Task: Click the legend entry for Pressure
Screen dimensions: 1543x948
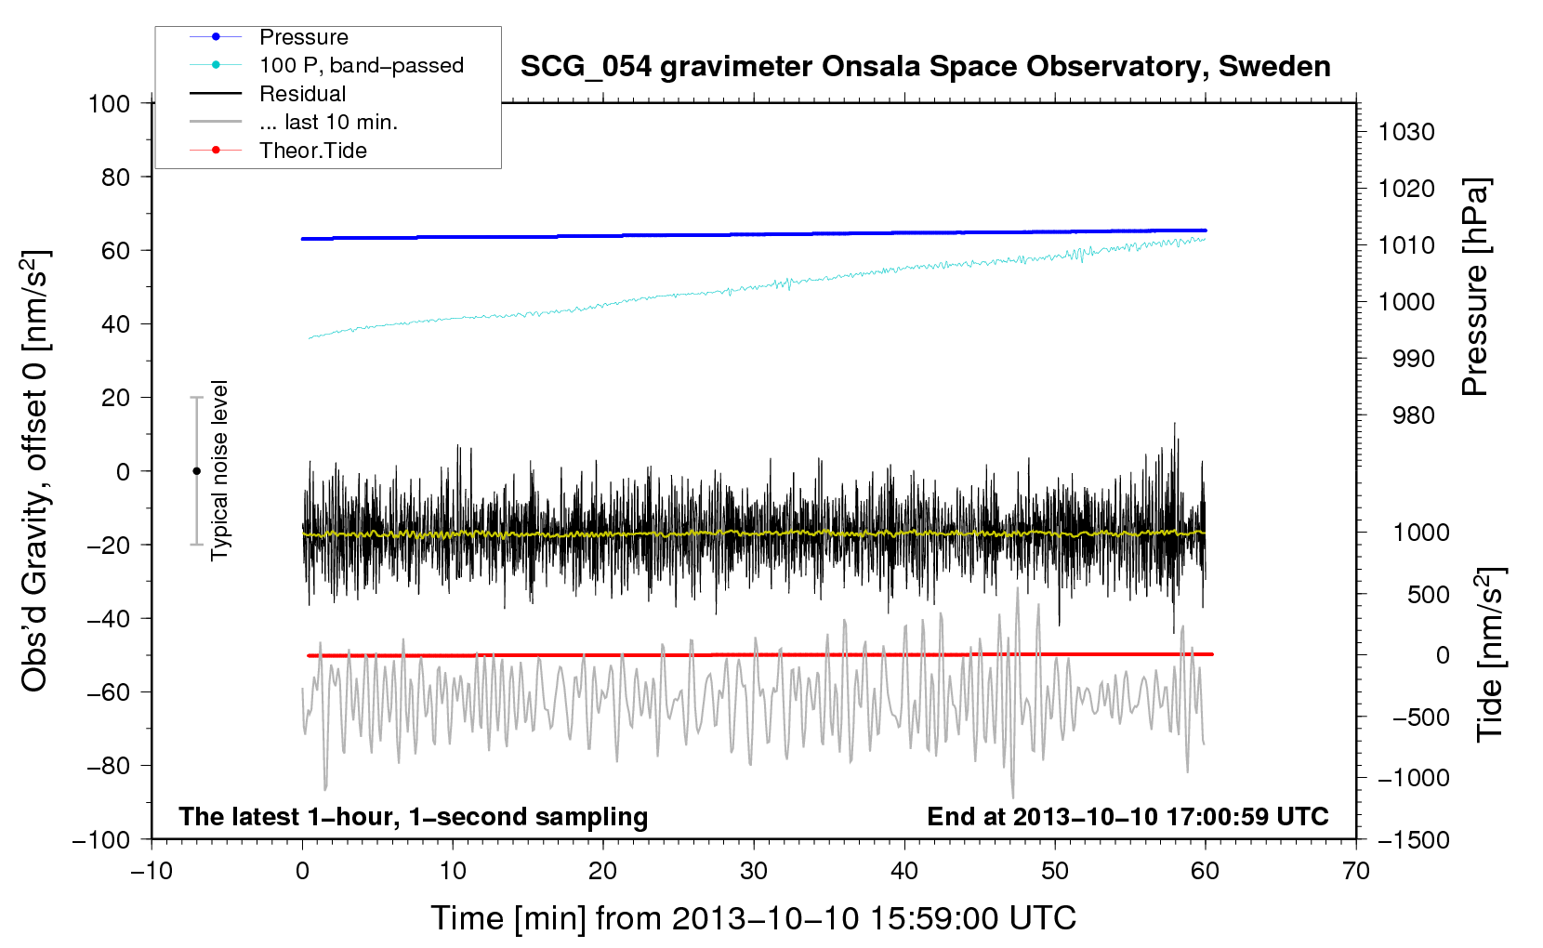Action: click(269, 37)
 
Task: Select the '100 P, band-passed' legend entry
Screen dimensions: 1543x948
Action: click(326, 65)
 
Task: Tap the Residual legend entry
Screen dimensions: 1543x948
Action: click(268, 94)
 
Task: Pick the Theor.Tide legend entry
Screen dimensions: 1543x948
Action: click(278, 151)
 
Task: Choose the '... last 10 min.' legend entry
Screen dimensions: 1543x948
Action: click(294, 122)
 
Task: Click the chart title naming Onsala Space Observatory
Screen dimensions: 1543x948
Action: click(925, 67)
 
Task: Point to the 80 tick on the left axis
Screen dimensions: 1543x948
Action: click(115, 178)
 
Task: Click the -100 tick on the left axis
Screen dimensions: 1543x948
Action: click(101, 840)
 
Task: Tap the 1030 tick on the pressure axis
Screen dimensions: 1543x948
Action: click(1406, 132)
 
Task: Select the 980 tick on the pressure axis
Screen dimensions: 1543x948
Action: click(1413, 415)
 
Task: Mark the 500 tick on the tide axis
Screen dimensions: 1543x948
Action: click(1428, 594)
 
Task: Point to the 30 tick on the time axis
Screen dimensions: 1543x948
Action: click(754, 871)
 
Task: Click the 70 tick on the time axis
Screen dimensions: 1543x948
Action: click(1356, 871)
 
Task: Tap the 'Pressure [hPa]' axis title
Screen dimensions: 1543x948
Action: click(1475, 286)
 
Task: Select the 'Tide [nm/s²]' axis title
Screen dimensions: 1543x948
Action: click(1491, 654)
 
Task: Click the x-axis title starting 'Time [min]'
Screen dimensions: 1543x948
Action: click(754, 918)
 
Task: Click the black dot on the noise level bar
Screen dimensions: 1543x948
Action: click(196, 471)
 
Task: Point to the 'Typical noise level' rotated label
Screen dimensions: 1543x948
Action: click(219, 470)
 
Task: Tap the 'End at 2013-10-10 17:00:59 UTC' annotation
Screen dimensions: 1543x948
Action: click(1128, 816)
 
